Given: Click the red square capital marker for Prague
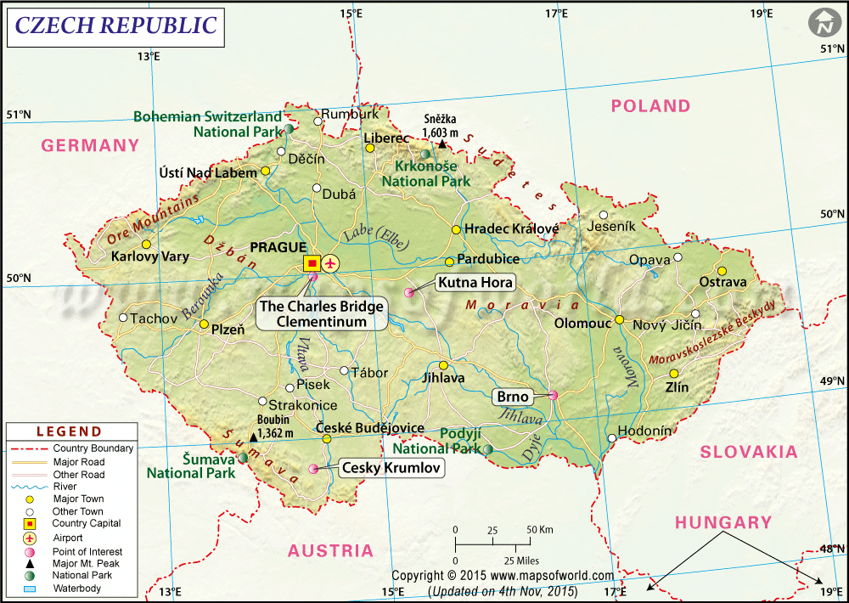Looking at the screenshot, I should (x=312, y=263).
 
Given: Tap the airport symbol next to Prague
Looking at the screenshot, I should (x=329, y=263).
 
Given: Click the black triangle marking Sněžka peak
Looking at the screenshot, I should (x=441, y=144).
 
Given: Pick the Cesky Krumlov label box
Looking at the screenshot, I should (x=391, y=466).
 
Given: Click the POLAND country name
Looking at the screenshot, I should (x=650, y=106).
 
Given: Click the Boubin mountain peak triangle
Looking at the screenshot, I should (x=253, y=438).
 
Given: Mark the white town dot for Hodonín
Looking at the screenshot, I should (x=611, y=438).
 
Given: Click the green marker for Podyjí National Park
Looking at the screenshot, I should (x=488, y=448).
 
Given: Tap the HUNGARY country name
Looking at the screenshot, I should (x=723, y=522).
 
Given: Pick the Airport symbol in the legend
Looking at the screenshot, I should (x=29, y=538).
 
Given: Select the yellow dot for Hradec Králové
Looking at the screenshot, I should (x=456, y=229).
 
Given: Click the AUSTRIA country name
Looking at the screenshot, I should (x=330, y=550).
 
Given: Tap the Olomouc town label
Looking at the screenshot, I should (x=582, y=324).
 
